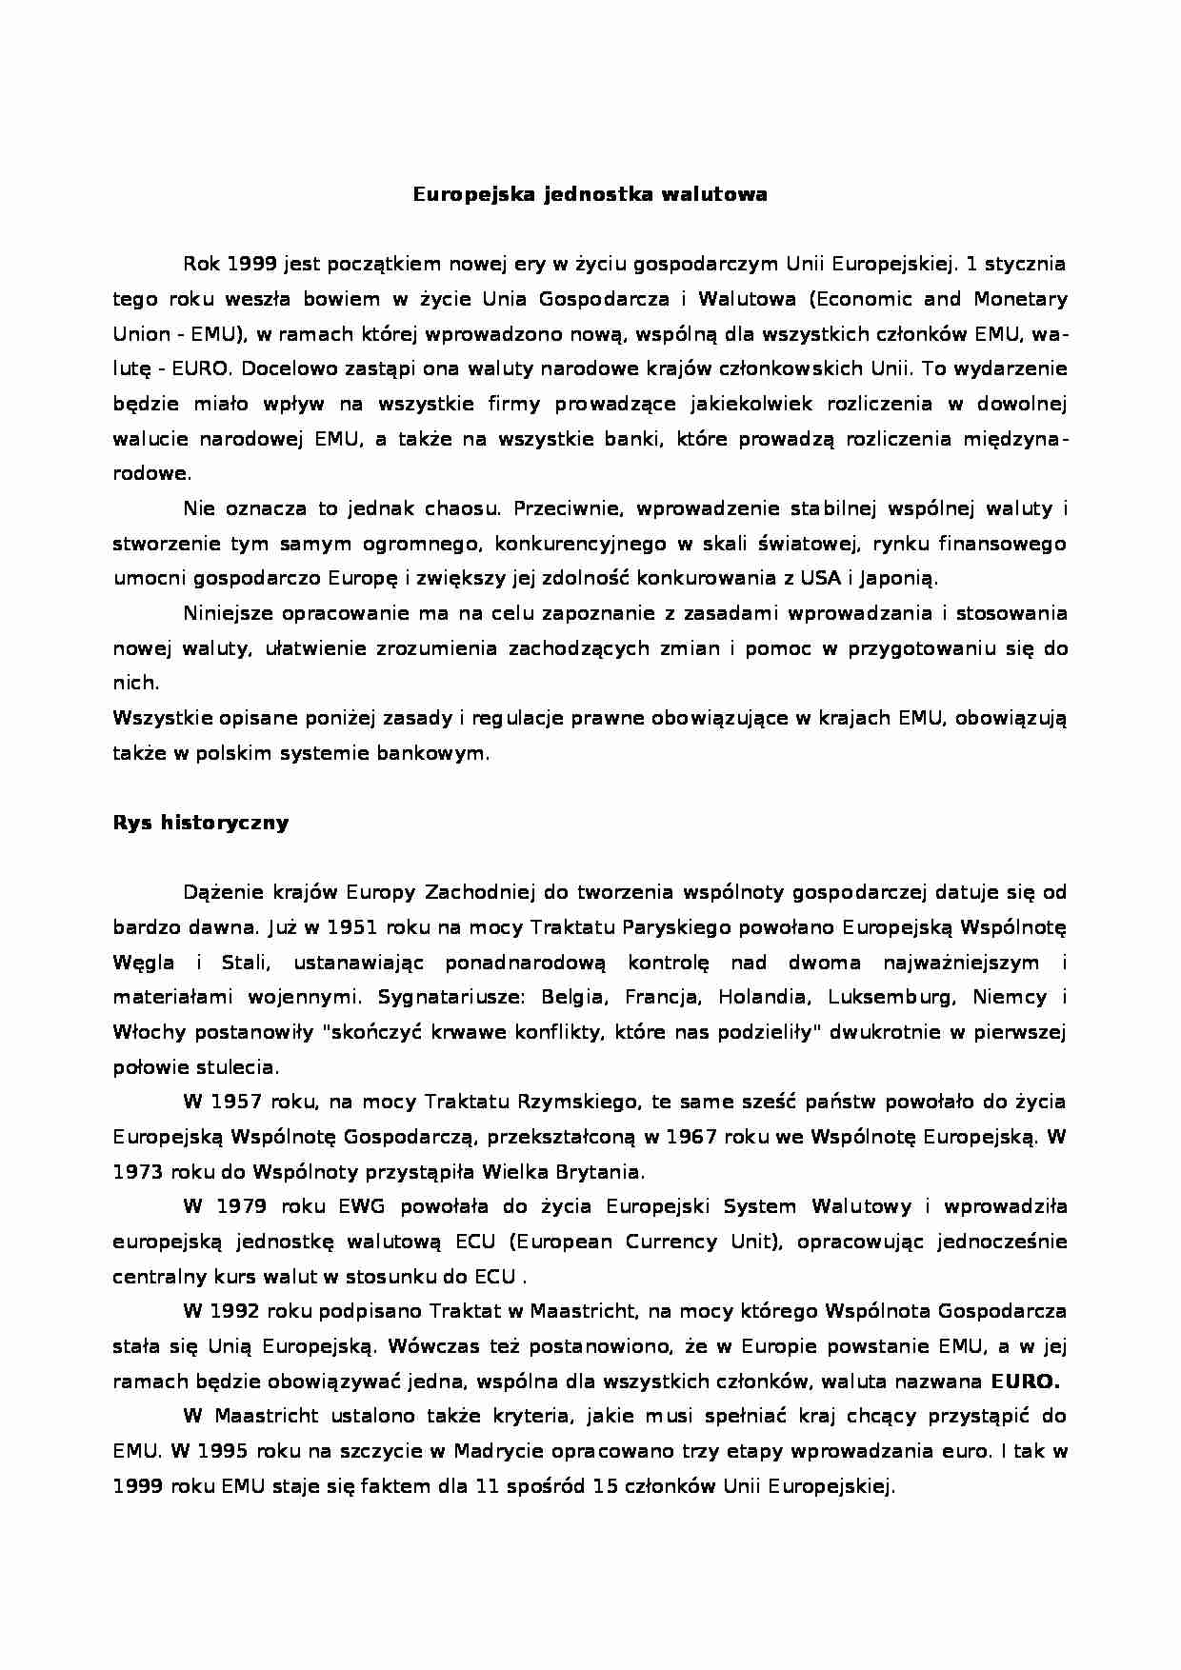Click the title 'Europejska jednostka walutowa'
click(x=590, y=195)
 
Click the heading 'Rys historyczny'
click(x=200, y=823)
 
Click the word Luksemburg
click(x=891, y=998)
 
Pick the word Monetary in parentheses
click(x=1019, y=299)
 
